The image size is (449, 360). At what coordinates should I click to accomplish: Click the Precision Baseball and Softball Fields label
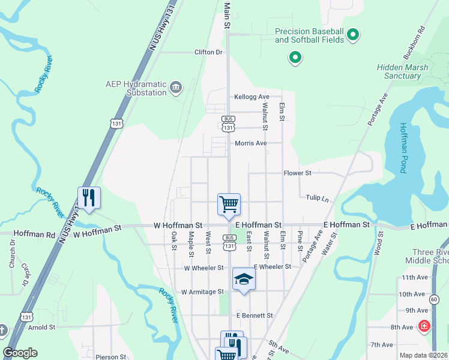(x=309, y=35)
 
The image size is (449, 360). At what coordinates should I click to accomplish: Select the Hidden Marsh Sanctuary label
(x=402, y=71)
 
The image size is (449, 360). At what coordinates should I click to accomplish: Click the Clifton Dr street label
(x=208, y=52)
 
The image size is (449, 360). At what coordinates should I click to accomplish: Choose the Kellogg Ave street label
(x=252, y=97)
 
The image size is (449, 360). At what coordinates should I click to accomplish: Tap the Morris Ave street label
(x=250, y=143)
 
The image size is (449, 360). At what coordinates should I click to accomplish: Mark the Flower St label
(x=297, y=173)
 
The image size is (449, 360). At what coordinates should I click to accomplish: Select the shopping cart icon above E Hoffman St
(x=229, y=204)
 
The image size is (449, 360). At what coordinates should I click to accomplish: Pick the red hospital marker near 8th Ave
(x=424, y=326)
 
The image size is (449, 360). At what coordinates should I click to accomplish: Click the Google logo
(x=20, y=353)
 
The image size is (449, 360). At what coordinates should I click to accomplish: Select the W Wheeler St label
(x=203, y=268)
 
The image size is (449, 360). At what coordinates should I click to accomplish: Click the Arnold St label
(x=41, y=327)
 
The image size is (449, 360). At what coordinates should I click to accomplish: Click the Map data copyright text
(x=424, y=355)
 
